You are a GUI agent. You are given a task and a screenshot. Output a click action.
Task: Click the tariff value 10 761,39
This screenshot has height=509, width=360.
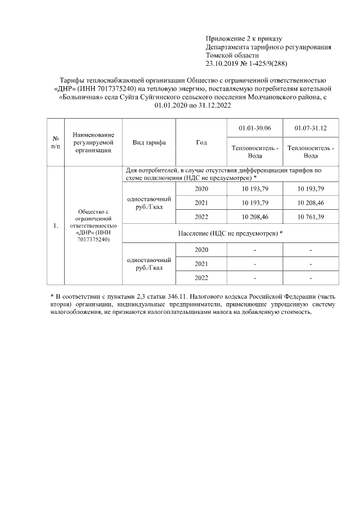310,217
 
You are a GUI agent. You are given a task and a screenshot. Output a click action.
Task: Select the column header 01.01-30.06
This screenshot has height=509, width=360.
254,129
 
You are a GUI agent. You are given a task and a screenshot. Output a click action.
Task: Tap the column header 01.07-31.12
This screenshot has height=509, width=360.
310,129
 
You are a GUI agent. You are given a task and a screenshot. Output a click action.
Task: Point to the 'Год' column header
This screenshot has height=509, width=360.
201,142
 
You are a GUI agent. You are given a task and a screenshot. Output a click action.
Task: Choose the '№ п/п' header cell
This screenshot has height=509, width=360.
56,142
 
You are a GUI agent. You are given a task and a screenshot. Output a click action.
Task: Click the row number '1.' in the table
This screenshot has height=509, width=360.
56,226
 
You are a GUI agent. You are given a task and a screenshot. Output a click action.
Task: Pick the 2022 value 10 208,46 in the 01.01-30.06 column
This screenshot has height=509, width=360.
254,217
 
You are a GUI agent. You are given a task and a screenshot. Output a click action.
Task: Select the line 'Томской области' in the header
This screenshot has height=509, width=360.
232,56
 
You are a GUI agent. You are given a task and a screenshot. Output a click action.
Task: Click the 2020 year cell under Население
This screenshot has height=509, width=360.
201,249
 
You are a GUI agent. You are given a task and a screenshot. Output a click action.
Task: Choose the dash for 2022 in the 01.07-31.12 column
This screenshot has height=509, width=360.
310,278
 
